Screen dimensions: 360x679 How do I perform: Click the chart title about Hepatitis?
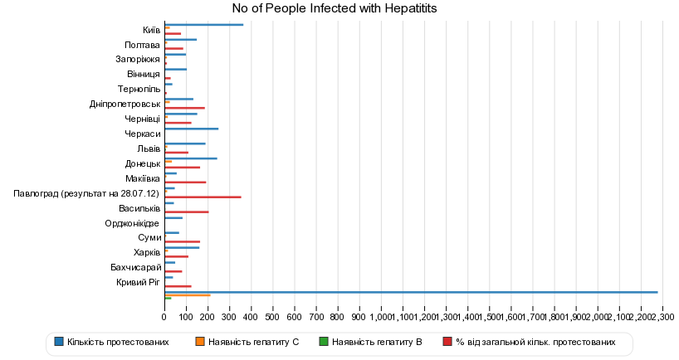point(334,8)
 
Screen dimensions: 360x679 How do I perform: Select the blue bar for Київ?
point(203,25)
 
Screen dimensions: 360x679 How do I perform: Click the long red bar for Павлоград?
point(203,197)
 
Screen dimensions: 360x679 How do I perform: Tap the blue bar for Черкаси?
point(191,129)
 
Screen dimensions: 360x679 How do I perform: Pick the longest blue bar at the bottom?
point(411,292)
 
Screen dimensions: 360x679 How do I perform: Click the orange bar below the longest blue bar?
point(187,295)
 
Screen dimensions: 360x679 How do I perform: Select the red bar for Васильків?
point(186,212)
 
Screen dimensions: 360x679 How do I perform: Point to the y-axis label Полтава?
point(142,45)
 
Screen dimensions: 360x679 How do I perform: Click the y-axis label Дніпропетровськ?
point(125,105)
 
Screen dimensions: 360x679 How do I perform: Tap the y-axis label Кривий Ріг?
point(138,283)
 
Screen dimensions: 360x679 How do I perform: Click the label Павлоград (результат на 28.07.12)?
point(86,193)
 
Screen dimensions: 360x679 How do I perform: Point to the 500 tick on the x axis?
point(272,317)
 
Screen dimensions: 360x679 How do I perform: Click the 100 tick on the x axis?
point(186,317)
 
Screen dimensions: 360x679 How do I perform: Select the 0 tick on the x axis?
point(164,317)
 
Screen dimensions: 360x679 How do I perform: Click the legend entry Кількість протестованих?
point(117,342)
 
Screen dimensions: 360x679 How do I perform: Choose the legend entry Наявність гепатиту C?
point(253,342)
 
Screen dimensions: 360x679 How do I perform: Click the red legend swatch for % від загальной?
point(447,342)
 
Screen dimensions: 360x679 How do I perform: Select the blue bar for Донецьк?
point(191,158)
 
